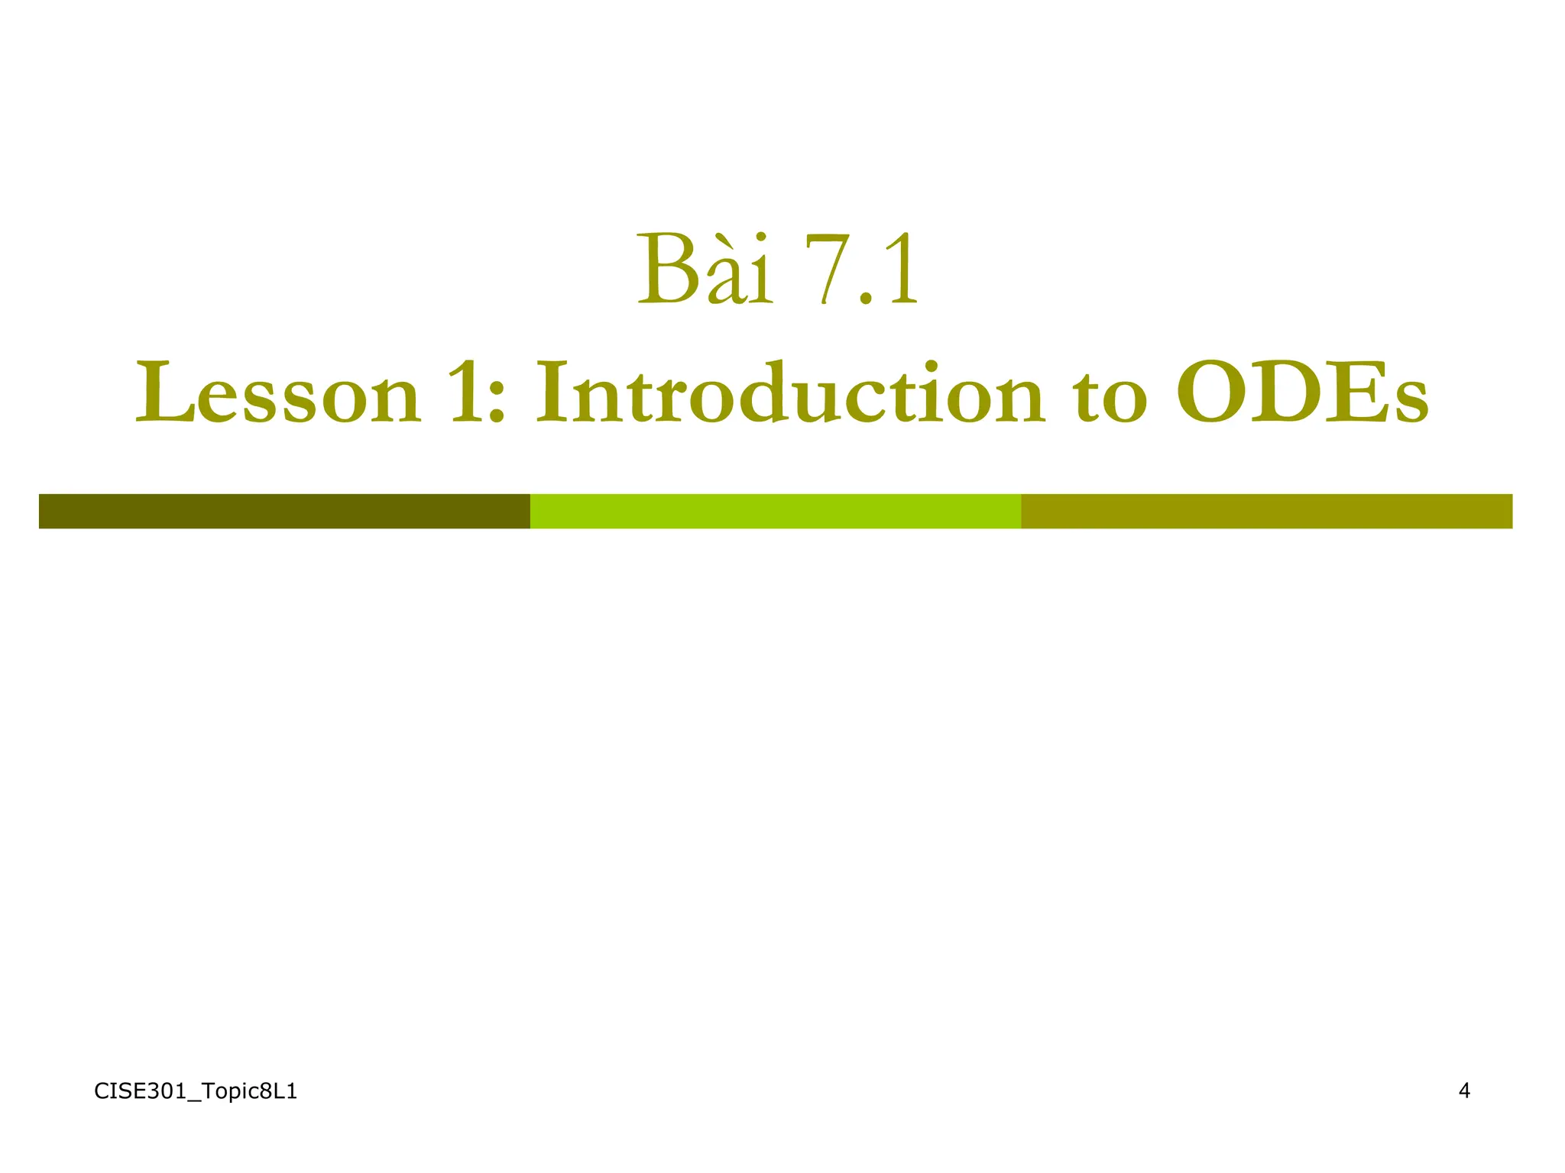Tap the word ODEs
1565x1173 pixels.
(1301, 395)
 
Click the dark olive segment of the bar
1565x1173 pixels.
(284, 511)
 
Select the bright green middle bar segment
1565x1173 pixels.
(775, 511)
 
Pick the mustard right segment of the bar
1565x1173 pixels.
(1266, 511)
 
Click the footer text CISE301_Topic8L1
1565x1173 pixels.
(196, 1092)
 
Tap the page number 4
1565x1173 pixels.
(1464, 1091)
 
